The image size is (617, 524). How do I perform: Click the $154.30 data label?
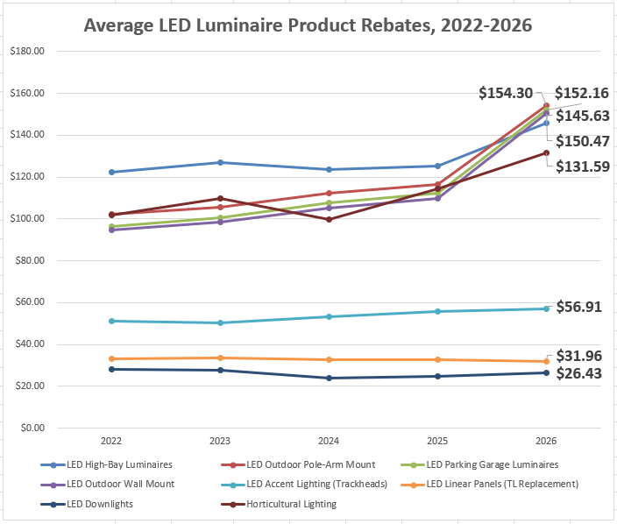click(507, 93)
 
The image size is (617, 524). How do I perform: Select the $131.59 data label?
click(583, 166)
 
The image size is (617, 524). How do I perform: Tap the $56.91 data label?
click(583, 307)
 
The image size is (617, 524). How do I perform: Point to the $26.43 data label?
click(583, 373)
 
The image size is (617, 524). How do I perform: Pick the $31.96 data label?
click(583, 356)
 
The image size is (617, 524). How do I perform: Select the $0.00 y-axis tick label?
click(32, 428)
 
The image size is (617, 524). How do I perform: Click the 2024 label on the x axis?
click(329, 442)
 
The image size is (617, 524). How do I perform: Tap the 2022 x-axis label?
click(111, 442)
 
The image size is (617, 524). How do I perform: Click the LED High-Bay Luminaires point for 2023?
click(220, 162)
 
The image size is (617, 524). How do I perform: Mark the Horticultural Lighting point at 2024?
click(329, 219)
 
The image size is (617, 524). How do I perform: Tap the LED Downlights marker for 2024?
click(329, 378)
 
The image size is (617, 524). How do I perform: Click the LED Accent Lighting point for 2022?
click(111, 321)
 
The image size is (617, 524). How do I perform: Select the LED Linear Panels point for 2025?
click(437, 359)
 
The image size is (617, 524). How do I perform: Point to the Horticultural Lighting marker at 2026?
click(546, 152)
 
